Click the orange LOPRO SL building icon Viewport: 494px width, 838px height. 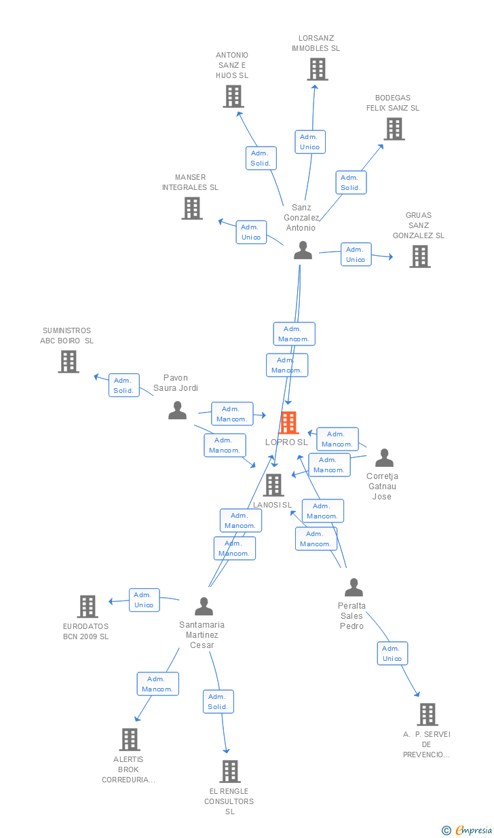289,423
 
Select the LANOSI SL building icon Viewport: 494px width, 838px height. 273,485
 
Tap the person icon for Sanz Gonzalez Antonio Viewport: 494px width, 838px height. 303,250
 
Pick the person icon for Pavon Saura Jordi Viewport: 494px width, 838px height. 177,410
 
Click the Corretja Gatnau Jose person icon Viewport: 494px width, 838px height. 384,458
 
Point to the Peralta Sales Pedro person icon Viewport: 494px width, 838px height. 354,588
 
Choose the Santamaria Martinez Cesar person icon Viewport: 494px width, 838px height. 204,606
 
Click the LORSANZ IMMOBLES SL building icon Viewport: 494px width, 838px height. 317,69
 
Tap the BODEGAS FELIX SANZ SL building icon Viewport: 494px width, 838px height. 394,129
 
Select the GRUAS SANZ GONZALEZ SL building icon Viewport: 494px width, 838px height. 420,256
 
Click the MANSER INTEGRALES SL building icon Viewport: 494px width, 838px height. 192,208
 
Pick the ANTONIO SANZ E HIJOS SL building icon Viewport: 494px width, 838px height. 233,96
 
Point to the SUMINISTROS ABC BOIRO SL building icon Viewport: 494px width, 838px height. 69,362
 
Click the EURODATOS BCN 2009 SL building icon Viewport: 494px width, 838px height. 88,606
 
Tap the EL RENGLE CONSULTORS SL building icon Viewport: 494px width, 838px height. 230,772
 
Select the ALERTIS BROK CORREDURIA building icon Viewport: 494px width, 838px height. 130,740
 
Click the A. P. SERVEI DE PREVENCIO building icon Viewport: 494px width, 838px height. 427,715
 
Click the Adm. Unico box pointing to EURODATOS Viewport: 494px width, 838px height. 144,600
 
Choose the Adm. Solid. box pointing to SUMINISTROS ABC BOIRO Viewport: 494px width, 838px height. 123,385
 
